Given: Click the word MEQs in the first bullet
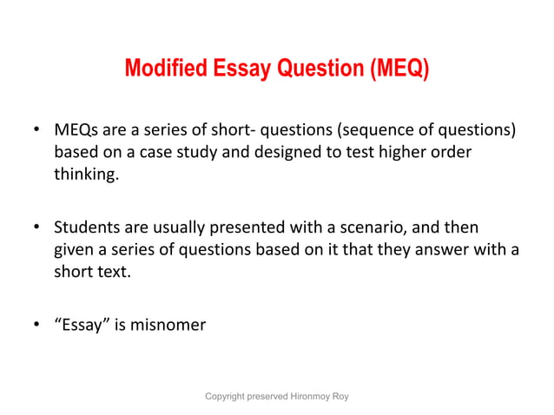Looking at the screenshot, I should tap(76, 130).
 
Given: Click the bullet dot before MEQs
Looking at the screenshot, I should tap(36, 131).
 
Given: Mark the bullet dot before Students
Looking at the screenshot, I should tap(36, 228).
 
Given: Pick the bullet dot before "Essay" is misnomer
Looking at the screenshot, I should tap(36, 326).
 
